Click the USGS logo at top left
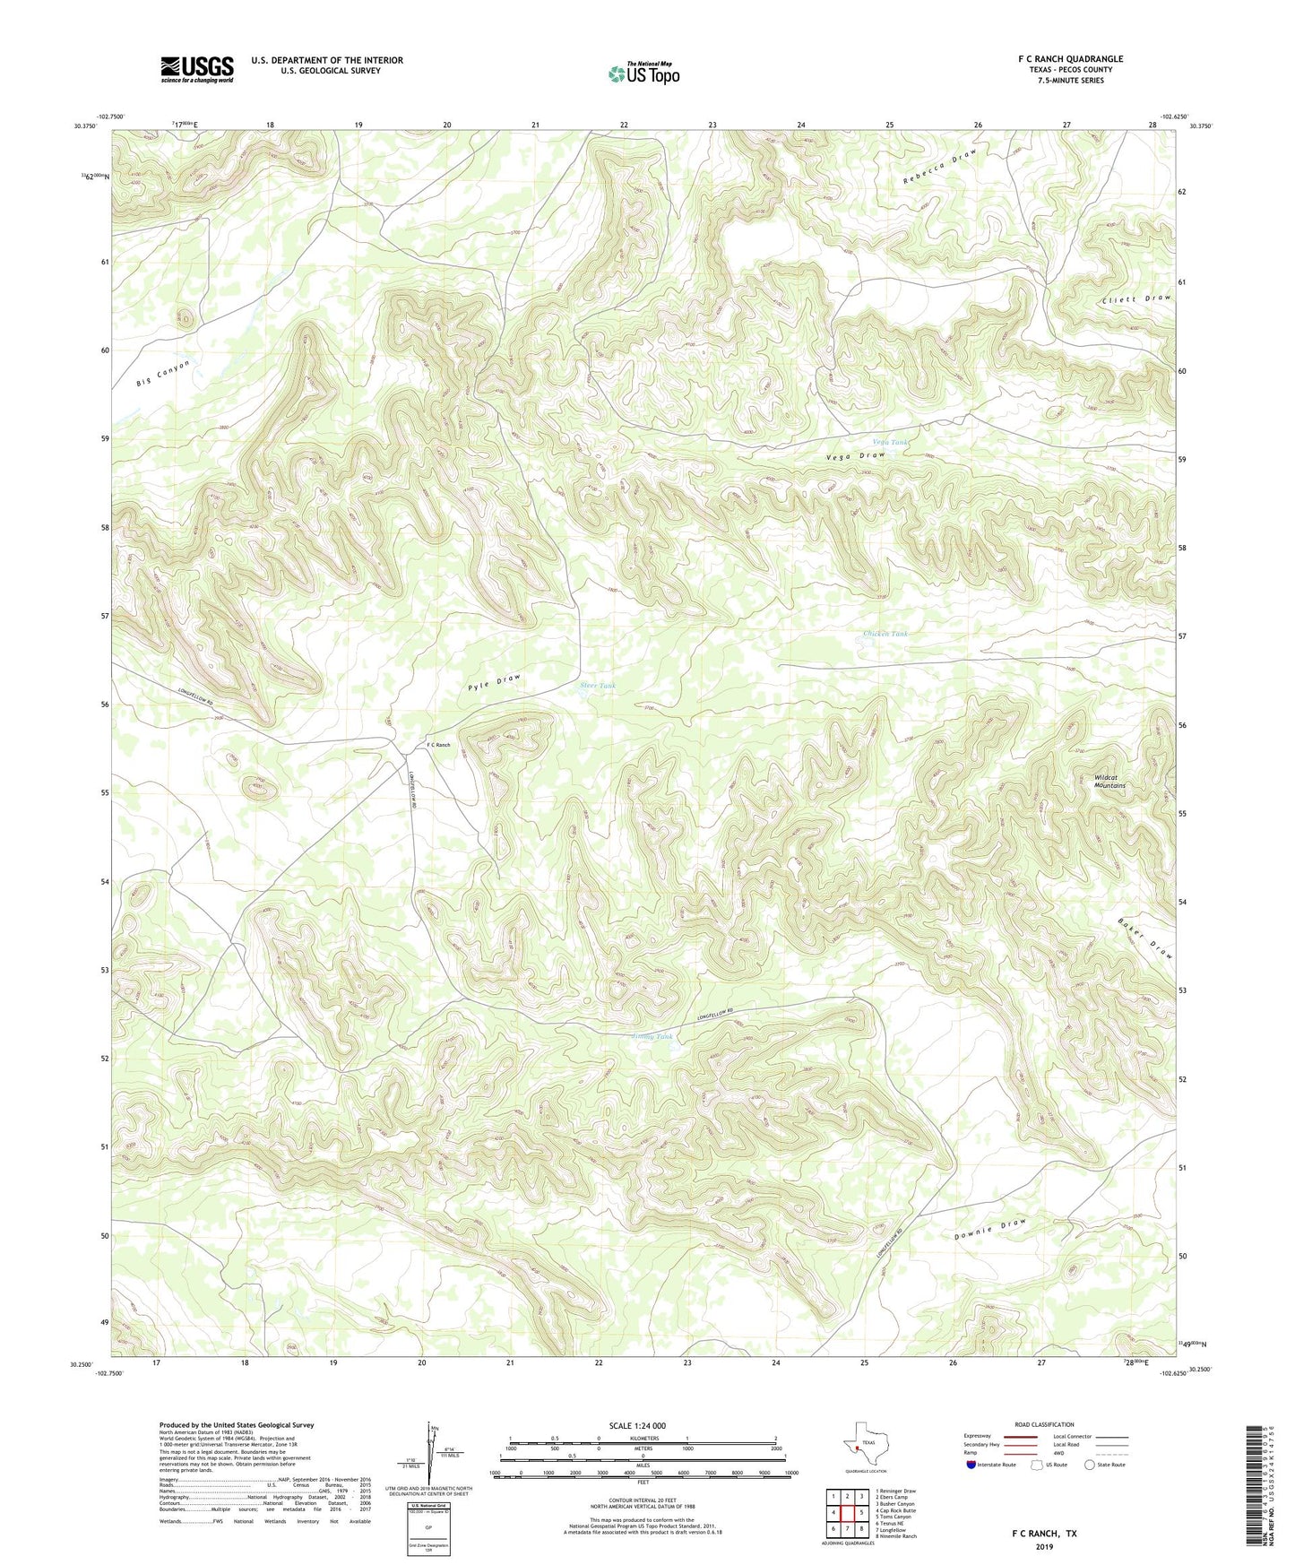(x=197, y=69)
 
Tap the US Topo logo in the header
(x=643, y=73)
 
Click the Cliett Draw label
(x=1136, y=299)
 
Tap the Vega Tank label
(x=890, y=442)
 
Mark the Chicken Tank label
(x=885, y=634)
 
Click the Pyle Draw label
(x=494, y=681)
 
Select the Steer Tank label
(x=598, y=686)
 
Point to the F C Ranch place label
(x=438, y=745)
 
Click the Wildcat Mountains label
(x=1109, y=781)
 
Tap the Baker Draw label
(x=1145, y=938)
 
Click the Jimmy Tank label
(x=652, y=1036)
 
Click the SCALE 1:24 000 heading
(x=636, y=1425)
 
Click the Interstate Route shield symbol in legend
(x=972, y=1465)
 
